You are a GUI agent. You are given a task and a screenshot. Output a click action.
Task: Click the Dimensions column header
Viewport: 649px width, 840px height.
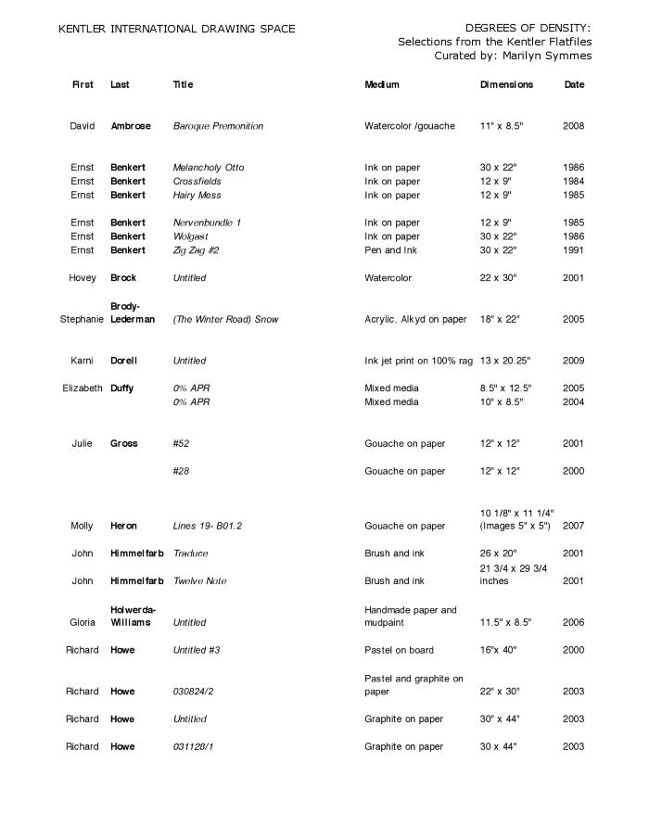pyautogui.click(x=506, y=84)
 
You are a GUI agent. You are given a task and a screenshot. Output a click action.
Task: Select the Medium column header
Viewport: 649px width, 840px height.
pyautogui.click(x=382, y=84)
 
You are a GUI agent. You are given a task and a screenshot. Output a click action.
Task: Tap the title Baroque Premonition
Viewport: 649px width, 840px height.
pyautogui.click(x=218, y=126)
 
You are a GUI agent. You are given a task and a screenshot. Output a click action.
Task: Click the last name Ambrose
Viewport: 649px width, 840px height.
pyautogui.click(x=131, y=126)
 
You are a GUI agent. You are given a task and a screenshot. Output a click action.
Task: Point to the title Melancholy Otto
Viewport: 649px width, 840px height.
pyautogui.click(x=209, y=168)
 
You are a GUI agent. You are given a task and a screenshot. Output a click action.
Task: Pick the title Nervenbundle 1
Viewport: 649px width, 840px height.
pyautogui.click(x=207, y=223)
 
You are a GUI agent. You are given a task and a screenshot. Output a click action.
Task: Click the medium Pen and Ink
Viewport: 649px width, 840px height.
pyautogui.click(x=391, y=250)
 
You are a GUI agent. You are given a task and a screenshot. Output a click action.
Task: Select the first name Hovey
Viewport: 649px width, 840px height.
pyautogui.click(x=83, y=278)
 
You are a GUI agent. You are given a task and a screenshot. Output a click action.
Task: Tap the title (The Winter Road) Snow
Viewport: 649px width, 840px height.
pyautogui.click(x=225, y=320)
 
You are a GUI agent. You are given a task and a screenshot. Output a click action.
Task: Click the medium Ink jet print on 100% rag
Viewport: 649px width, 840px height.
pyautogui.click(x=418, y=361)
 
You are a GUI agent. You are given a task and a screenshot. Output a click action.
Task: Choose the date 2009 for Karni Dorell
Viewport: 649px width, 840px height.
pyautogui.click(x=573, y=361)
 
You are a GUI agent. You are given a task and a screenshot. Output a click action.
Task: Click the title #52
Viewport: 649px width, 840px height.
pyautogui.click(x=181, y=444)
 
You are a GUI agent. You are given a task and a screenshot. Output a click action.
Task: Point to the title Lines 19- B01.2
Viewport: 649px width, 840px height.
pyautogui.click(x=208, y=527)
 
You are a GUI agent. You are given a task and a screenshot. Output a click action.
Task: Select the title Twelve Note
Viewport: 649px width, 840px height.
pyautogui.click(x=199, y=581)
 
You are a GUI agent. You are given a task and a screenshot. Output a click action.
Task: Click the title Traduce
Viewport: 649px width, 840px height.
pyautogui.click(x=190, y=554)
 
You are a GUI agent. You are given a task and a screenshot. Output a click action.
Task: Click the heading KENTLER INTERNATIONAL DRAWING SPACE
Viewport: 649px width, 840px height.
pyautogui.click(x=176, y=29)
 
